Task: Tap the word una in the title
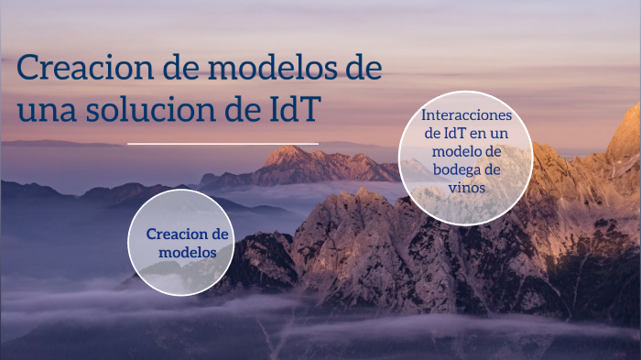coord(46,110)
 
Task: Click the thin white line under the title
coord(223,144)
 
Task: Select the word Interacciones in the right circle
coord(466,115)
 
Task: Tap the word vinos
coord(466,187)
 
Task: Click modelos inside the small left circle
coord(188,252)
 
